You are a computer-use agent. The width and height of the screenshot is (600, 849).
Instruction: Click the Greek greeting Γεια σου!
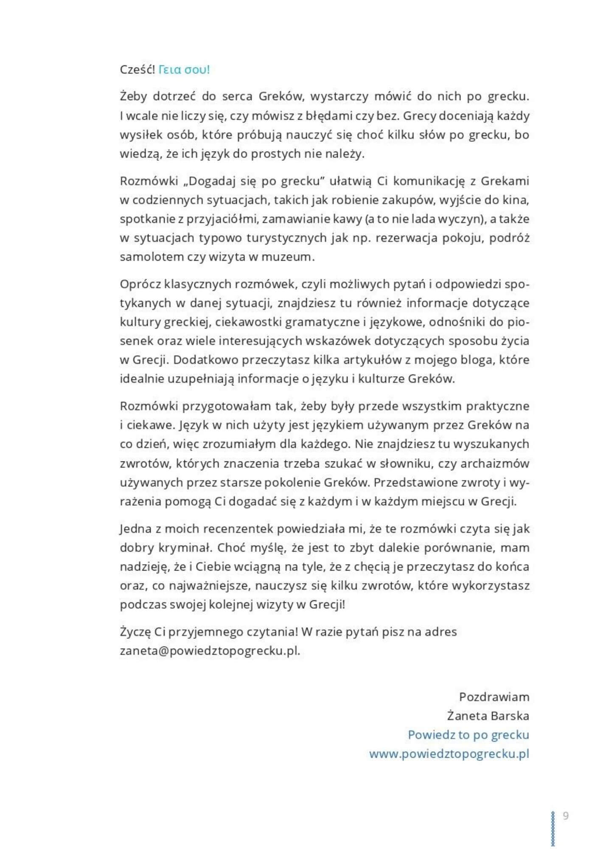[184, 70]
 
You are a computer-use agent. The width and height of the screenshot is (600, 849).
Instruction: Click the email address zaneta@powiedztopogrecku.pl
[210, 651]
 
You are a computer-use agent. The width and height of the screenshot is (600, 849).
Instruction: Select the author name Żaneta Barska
[488, 716]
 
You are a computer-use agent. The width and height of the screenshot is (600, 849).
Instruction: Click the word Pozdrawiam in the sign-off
[494, 697]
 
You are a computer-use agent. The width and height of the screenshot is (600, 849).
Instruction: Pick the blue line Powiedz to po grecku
[468, 735]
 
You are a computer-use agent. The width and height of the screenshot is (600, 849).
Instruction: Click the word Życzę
[135, 632]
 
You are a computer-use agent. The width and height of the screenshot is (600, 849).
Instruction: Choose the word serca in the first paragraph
[237, 96]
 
